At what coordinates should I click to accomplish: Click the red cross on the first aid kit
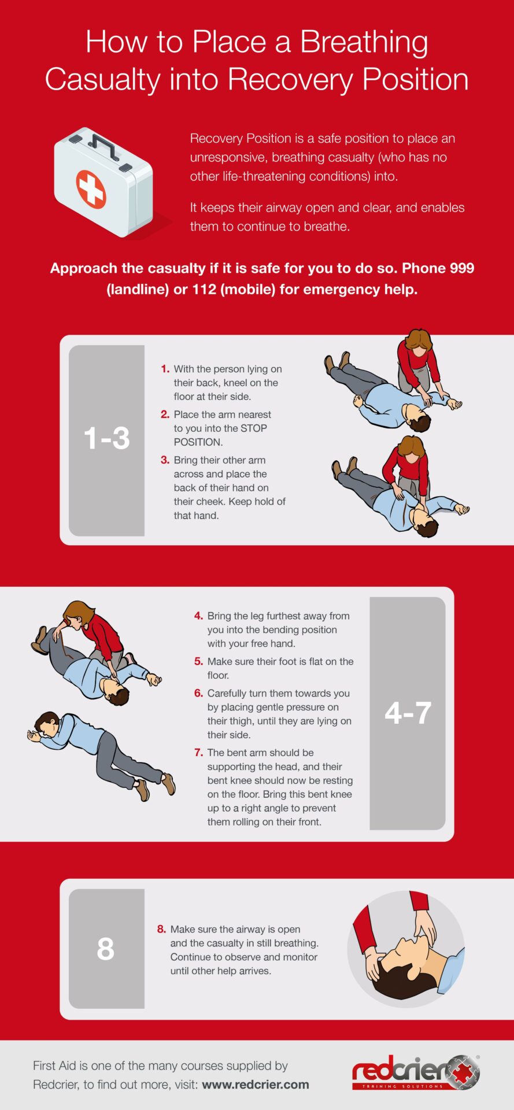pos(91,189)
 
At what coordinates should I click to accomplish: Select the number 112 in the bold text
pos(204,289)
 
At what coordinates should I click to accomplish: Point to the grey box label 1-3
pos(106,438)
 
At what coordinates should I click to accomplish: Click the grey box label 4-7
pos(408,713)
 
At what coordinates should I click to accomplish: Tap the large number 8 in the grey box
pos(105,949)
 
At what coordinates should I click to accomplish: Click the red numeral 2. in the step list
pos(165,415)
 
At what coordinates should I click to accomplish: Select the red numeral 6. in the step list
pos(198,693)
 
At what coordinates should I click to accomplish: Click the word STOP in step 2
pos(254,428)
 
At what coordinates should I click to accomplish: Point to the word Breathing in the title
pos(364,43)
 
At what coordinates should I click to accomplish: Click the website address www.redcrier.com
pos(256,1085)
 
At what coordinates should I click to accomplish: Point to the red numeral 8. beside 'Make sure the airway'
pos(161,929)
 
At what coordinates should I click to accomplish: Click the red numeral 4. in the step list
pos(198,616)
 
